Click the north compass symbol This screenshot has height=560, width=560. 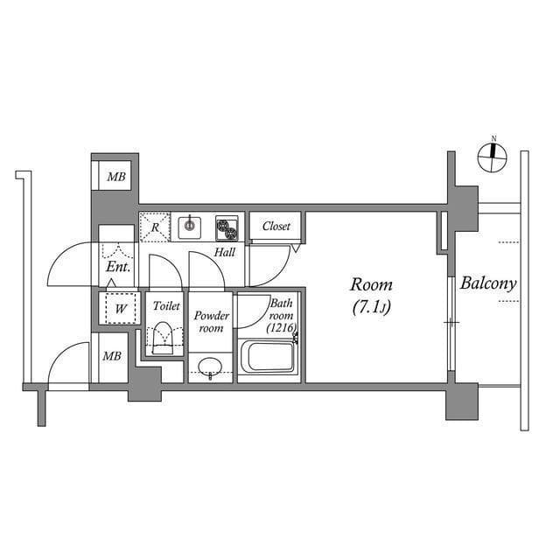coord(493,156)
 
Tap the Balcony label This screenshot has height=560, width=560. coord(488,283)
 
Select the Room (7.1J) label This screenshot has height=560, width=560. coord(371,295)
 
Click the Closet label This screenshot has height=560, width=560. coord(276,226)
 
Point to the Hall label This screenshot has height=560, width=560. coord(225,253)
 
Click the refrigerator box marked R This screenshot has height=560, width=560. coord(155,227)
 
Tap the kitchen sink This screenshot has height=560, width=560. coord(190,227)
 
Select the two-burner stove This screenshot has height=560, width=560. coord(227,227)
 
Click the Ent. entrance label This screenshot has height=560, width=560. coord(118,267)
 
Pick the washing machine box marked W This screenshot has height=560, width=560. coord(118,308)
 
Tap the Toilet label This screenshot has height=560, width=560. coord(165,306)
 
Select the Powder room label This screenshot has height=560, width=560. coord(211,321)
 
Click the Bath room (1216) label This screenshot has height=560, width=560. coord(282,315)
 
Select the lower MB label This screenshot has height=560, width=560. coord(111,356)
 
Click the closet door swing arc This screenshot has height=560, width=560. coord(271,265)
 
